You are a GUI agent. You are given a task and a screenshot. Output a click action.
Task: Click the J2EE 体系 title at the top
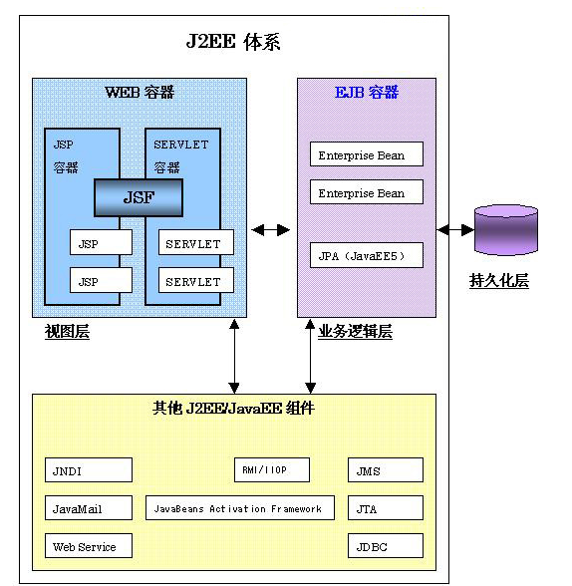pos(233,42)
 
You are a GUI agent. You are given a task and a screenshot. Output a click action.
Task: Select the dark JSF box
pos(139,197)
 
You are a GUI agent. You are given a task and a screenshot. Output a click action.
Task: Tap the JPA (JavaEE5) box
pos(367,255)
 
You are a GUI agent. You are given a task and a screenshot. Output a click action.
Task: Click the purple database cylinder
pos(506,230)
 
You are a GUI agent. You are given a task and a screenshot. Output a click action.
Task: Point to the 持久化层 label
pos(499,280)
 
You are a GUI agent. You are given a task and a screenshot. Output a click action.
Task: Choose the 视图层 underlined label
pos(67,332)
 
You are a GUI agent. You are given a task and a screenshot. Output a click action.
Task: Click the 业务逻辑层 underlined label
pos(355,332)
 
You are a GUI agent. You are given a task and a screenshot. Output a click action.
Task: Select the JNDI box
pos(89,470)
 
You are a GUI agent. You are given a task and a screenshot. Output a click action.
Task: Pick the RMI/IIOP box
pos(272,469)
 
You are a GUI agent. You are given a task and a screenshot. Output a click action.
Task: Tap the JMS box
pos(386,470)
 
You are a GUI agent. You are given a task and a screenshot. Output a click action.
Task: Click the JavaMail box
pos(89,508)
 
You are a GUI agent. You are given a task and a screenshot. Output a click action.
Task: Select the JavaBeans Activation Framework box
pos(240,508)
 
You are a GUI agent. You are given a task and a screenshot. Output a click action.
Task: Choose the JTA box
pos(386,508)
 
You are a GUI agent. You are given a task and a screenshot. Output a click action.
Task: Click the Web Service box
pos(89,546)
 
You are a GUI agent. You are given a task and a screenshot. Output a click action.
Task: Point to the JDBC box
pos(386,546)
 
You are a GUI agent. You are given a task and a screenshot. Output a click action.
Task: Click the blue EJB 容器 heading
pos(367,93)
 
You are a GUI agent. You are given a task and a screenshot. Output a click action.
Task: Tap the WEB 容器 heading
pos(140,93)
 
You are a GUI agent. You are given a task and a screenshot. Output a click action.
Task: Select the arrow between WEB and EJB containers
pos(270,230)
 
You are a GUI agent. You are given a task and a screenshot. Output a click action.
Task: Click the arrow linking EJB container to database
pos(455,230)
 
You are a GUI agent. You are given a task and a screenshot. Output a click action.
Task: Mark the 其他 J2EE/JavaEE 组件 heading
pos(233,409)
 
